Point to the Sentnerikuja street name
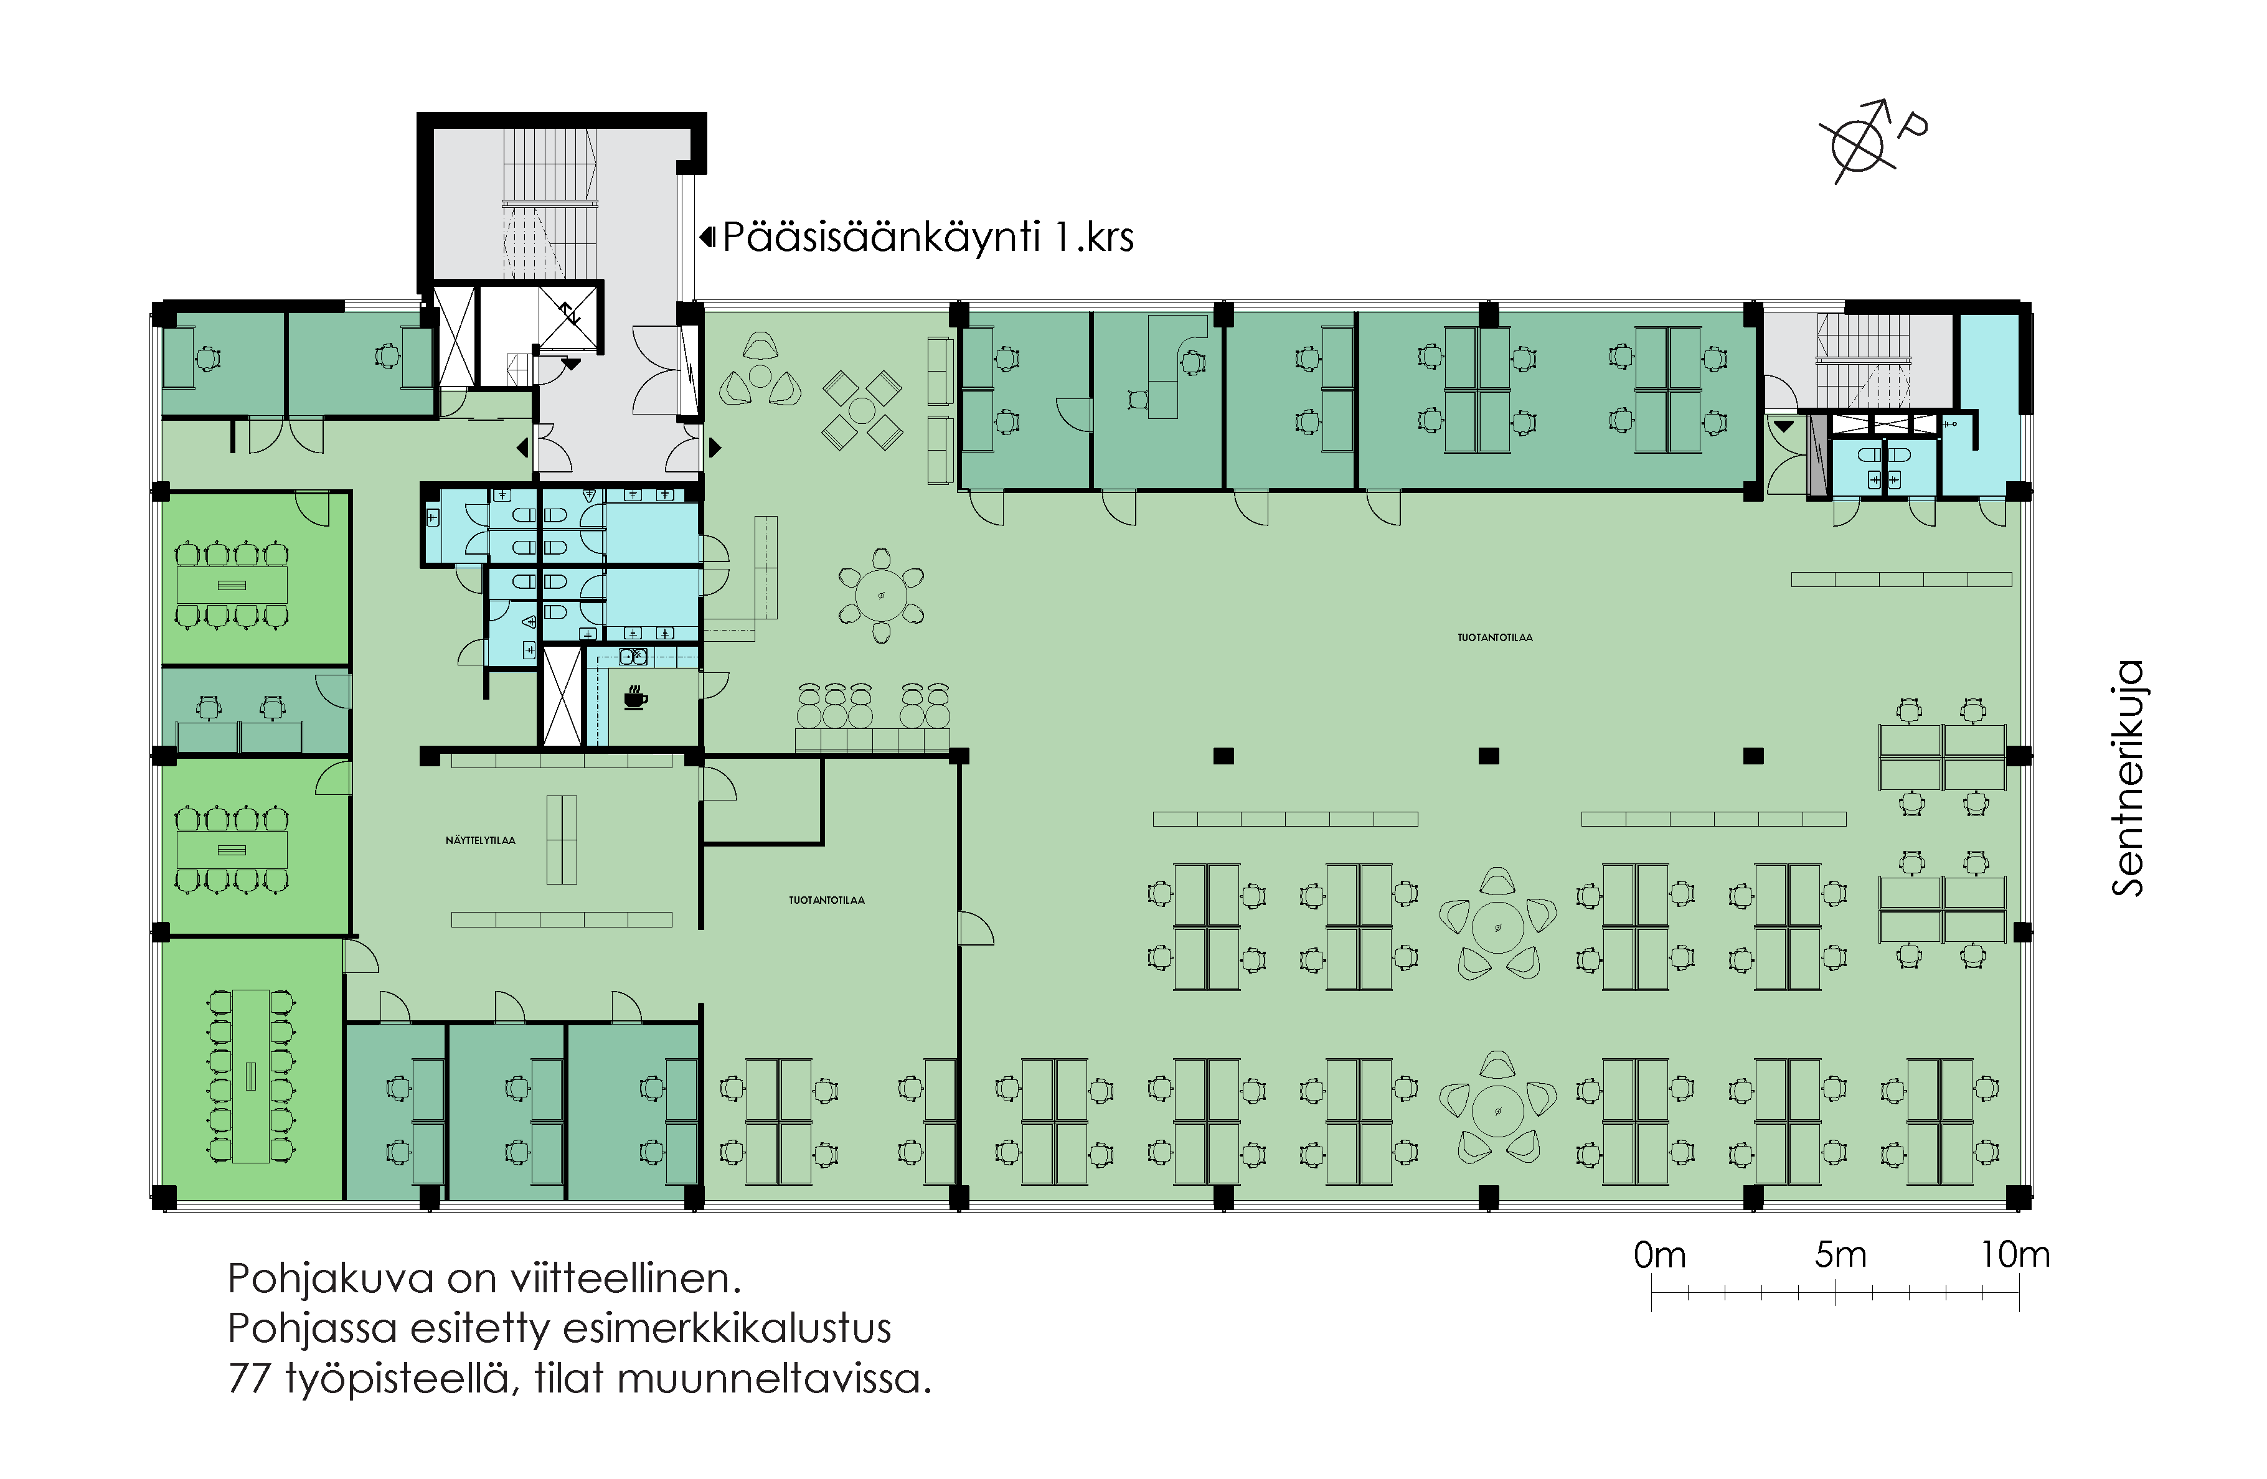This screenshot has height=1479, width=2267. point(2128,778)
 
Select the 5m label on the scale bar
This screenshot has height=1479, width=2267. point(1839,1255)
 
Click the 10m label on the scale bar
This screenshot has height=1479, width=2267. point(2015,1255)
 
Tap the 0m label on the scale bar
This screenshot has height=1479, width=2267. point(1659,1255)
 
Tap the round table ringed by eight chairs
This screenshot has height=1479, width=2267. point(882,596)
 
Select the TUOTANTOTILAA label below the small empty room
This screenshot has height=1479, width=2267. point(827,900)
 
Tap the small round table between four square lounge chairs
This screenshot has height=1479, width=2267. point(862,410)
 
